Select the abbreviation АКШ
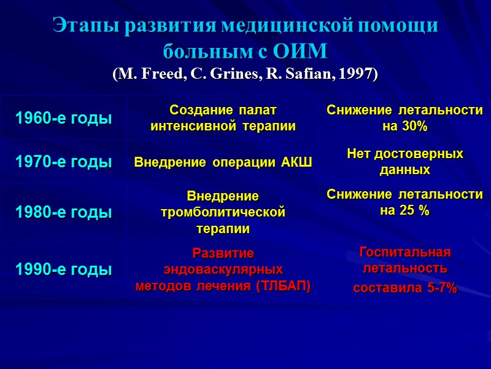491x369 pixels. tap(298, 162)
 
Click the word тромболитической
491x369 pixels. tap(223, 212)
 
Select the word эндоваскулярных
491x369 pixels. tap(223, 269)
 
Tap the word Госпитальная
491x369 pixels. tap(404, 253)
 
